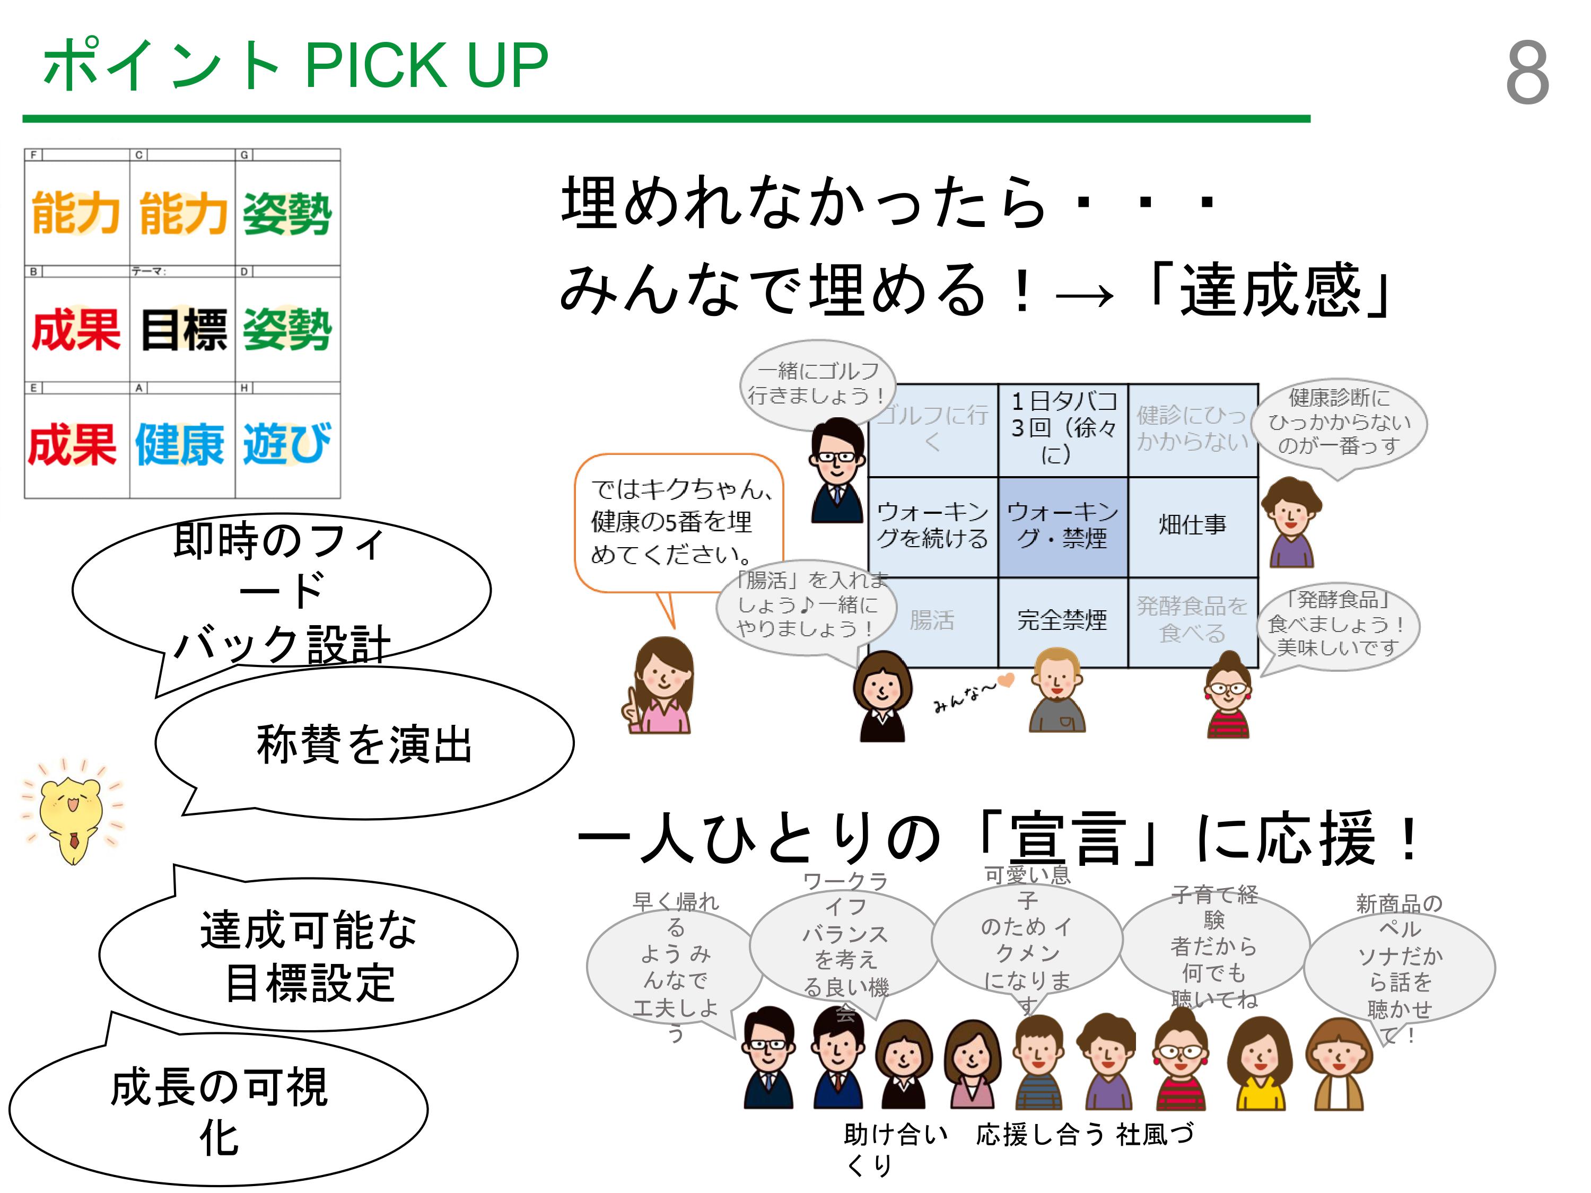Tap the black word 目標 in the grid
[183, 330]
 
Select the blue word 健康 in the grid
[180, 444]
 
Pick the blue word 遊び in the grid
[287, 443]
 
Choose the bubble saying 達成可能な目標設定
[309, 955]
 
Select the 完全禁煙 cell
[1062, 620]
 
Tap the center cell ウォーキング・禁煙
[1062, 525]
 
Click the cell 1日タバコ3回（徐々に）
[1062, 428]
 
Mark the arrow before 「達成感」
[1085, 295]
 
